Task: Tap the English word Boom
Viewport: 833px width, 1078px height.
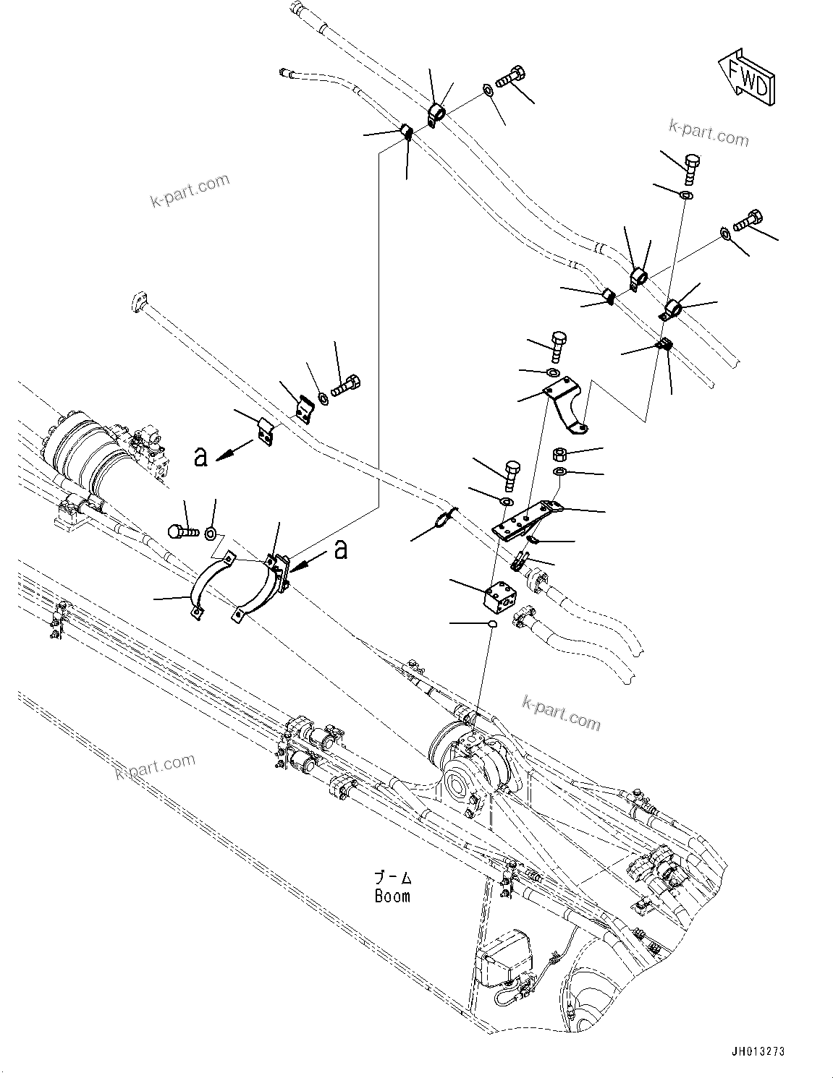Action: coord(393,896)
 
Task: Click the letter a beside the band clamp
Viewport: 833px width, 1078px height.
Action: coord(341,551)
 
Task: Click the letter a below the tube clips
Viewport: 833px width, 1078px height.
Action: coord(202,456)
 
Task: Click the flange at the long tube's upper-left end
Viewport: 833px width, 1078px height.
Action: coord(140,302)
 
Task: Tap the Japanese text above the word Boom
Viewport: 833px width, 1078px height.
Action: coord(393,878)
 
